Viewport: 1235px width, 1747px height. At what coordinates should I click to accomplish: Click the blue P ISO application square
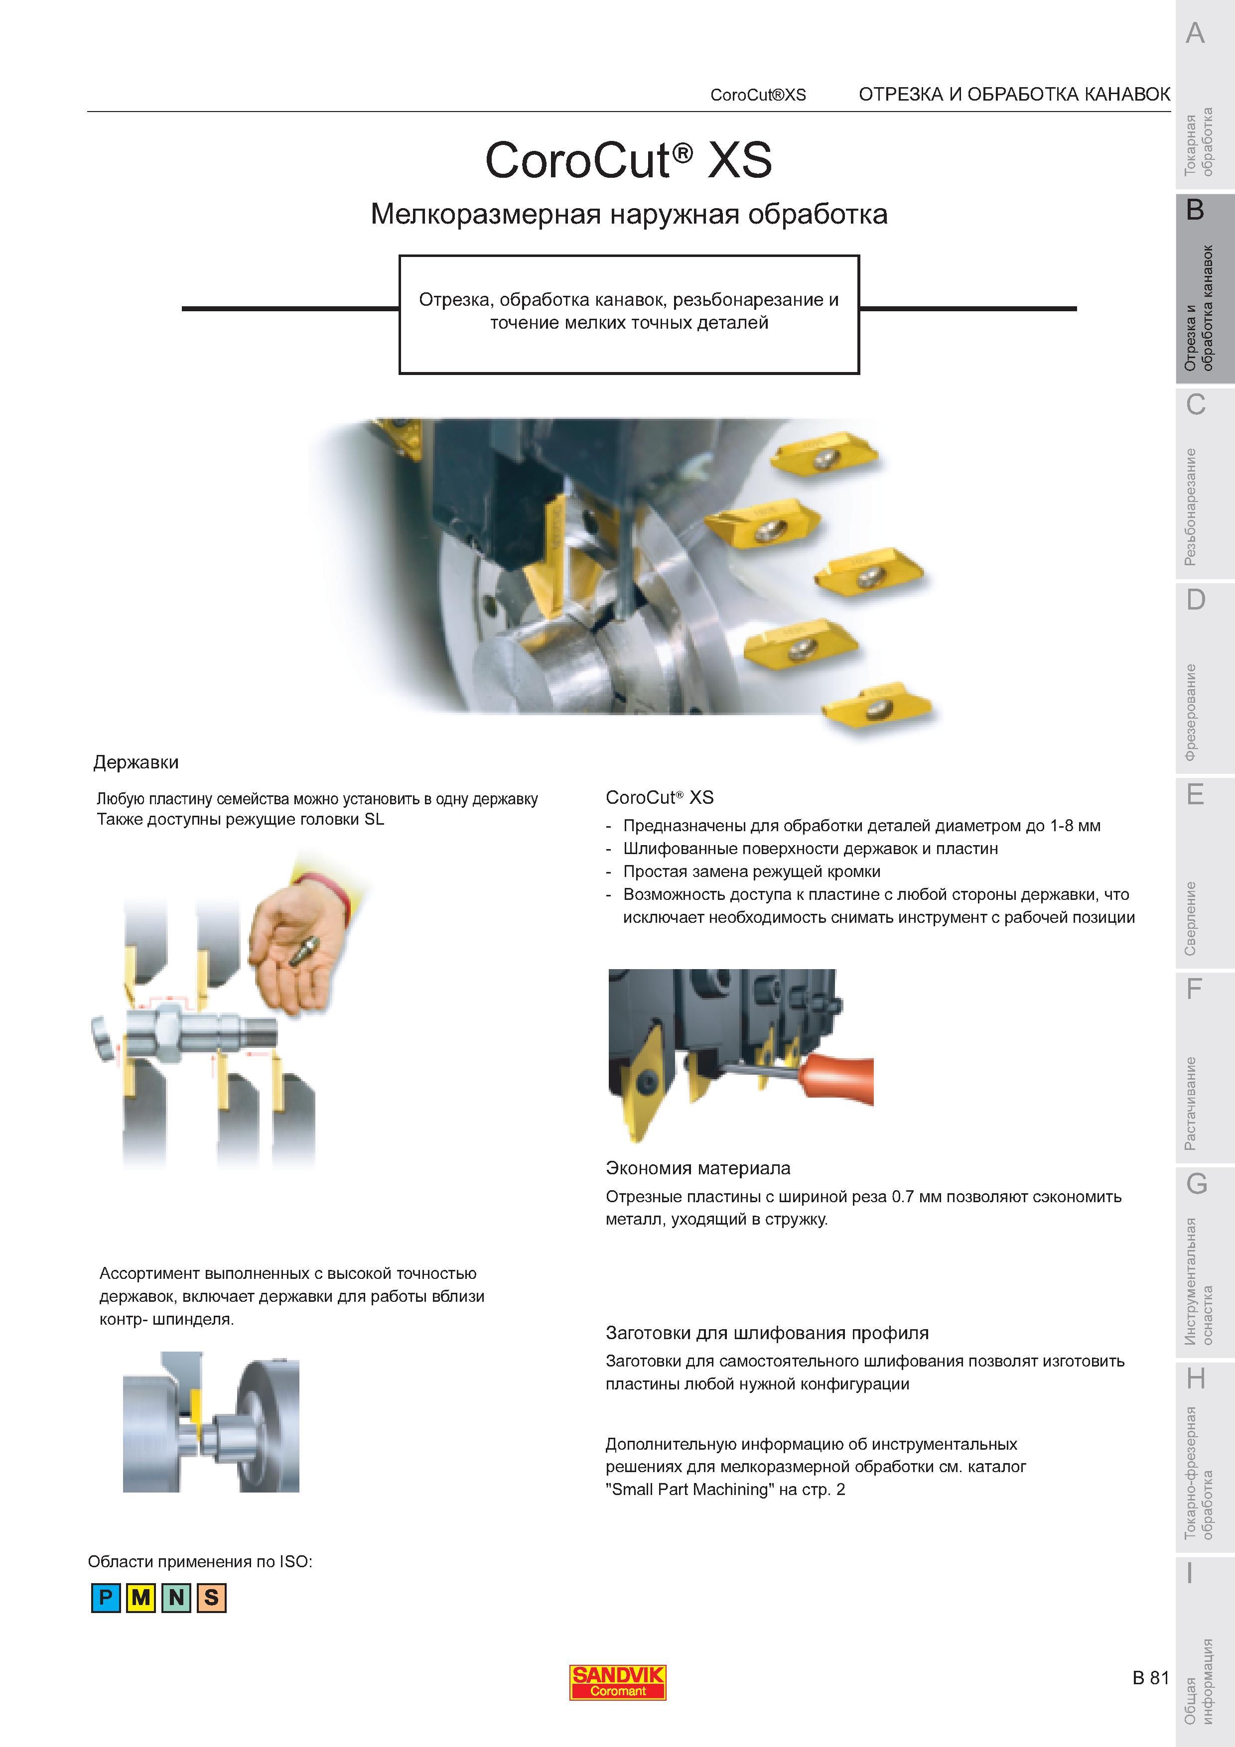pyautogui.click(x=106, y=1597)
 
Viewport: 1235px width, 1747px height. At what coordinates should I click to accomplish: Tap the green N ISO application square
pyautogui.click(x=176, y=1597)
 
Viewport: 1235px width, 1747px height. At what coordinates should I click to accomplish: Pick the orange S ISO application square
pyautogui.click(x=212, y=1597)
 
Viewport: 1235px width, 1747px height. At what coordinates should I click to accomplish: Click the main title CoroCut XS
pyautogui.click(x=629, y=160)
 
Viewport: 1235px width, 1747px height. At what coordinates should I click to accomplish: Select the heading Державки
pyautogui.click(x=136, y=761)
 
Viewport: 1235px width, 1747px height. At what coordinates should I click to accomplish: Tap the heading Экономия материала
pyautogui.click(x=698, y=1168)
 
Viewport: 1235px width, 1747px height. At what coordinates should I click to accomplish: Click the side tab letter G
pyautogui.click(x=1196, y=1184)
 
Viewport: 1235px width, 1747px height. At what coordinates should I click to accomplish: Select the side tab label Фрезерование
pyautogui.click(x=1191, y=712)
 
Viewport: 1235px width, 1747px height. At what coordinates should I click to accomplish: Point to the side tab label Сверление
pyautogui.click(x=1191, y=918)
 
